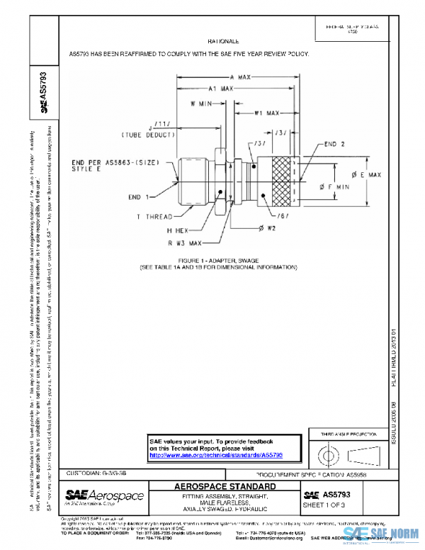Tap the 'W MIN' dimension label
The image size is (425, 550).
[x=203, y=103]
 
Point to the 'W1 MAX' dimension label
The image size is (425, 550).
[x=267, y=113]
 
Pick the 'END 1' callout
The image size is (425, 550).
[x=139, y=196]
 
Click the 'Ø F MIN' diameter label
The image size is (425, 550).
[x=335, y=186]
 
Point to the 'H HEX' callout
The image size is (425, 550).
[x=181, y=230]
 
